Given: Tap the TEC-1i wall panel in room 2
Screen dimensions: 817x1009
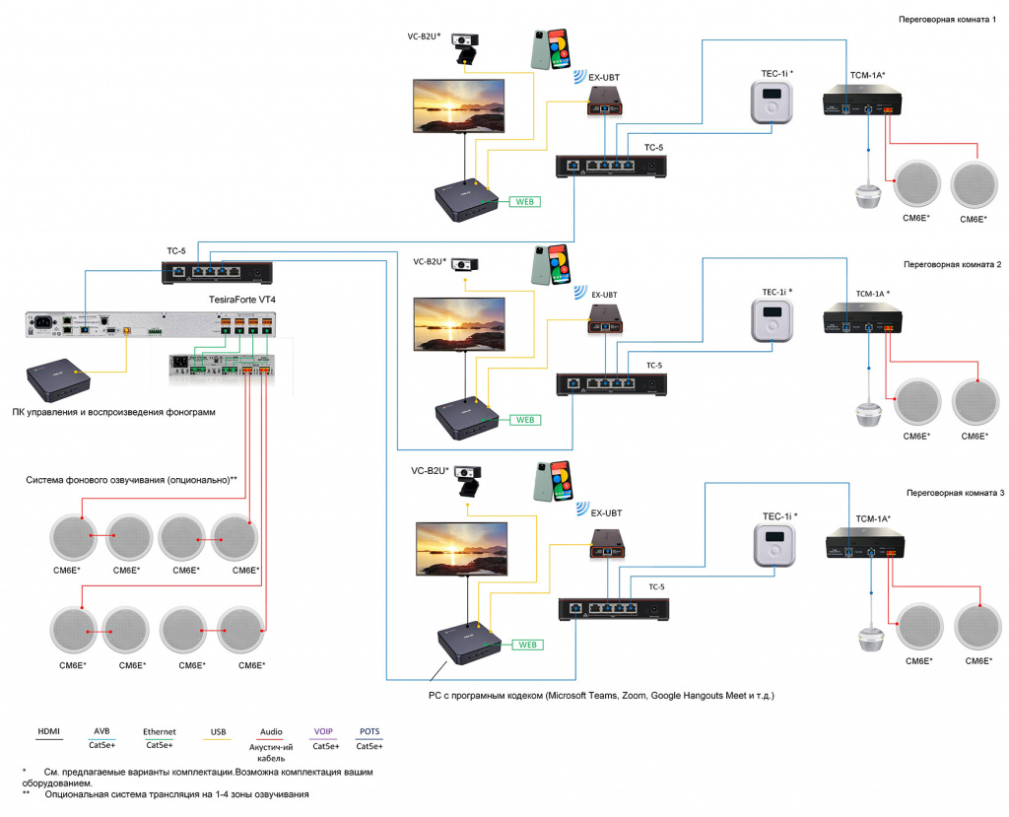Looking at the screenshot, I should (773, 320).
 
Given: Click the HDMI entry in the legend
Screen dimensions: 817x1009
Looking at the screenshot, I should (49, 731).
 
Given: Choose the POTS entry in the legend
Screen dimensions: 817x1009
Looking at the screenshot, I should (370, 731).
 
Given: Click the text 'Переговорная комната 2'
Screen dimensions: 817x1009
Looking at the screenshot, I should (952, 265).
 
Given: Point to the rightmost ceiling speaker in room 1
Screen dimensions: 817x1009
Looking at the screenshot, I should (976, 183).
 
